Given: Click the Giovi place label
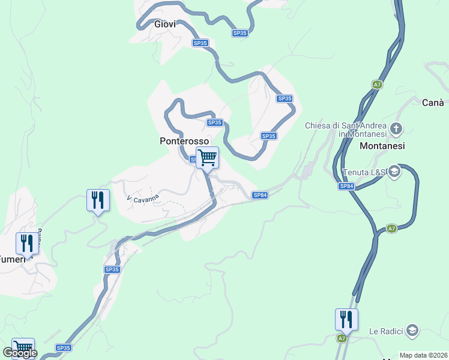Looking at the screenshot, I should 165,25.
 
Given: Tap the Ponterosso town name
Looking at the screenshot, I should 184,141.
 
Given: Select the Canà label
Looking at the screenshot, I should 433,103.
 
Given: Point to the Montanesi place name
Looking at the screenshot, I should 382,146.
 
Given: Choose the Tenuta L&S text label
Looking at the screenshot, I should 363,173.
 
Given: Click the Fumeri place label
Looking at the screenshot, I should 12,259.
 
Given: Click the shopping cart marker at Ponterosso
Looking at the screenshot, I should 207,158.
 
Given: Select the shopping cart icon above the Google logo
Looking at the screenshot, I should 23,347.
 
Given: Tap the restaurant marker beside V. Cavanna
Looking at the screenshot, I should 98,200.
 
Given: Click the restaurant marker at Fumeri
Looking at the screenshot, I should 26,243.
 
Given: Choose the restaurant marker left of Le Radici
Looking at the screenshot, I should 346,319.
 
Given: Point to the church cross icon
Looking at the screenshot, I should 396,128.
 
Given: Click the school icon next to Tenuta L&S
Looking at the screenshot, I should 394,172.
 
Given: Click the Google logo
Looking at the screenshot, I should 20,353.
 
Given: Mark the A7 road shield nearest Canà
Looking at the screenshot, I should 376,85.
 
